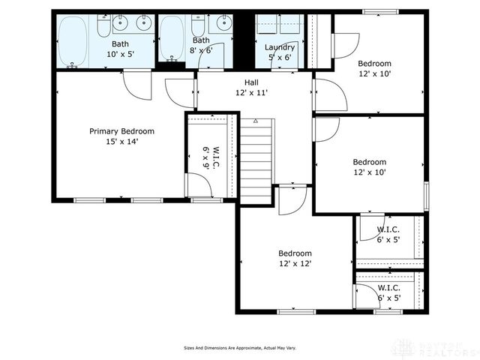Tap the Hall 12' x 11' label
coord(251,88)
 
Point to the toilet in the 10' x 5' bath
coord(103,27)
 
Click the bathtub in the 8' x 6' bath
coord(171,37)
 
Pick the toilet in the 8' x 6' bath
coord(197,26)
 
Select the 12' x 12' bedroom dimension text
coord(295,263)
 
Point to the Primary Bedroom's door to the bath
coord(137,85)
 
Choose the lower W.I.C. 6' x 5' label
coord(388,292)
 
